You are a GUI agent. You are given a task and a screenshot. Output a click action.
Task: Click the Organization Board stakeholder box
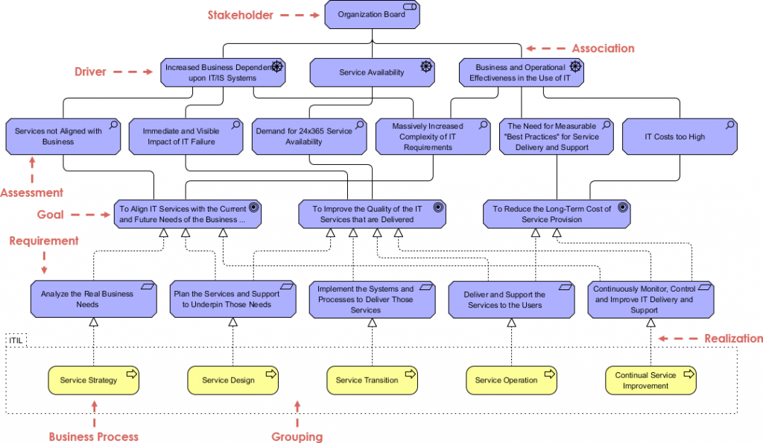[372, 15]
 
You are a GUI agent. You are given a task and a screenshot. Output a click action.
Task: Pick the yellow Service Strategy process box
[94, 380]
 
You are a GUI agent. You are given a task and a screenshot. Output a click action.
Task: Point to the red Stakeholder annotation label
[240, 15]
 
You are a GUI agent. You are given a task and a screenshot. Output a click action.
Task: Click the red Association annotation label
[603, 48]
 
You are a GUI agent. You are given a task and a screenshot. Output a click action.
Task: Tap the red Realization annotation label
[733, 339]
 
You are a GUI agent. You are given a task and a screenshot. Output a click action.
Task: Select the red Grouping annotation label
[297, 436]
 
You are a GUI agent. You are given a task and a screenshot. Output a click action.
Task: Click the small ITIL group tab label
[16, 340]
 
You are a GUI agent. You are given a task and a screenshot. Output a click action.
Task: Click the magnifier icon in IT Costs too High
[727, 125]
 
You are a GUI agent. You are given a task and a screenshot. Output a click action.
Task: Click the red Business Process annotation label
[94, 436]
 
